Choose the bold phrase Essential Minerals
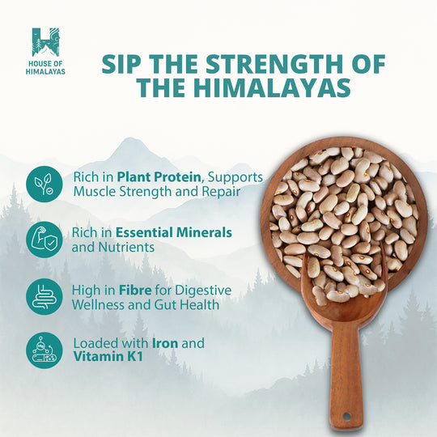(174, 232)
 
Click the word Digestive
(200, 289)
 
